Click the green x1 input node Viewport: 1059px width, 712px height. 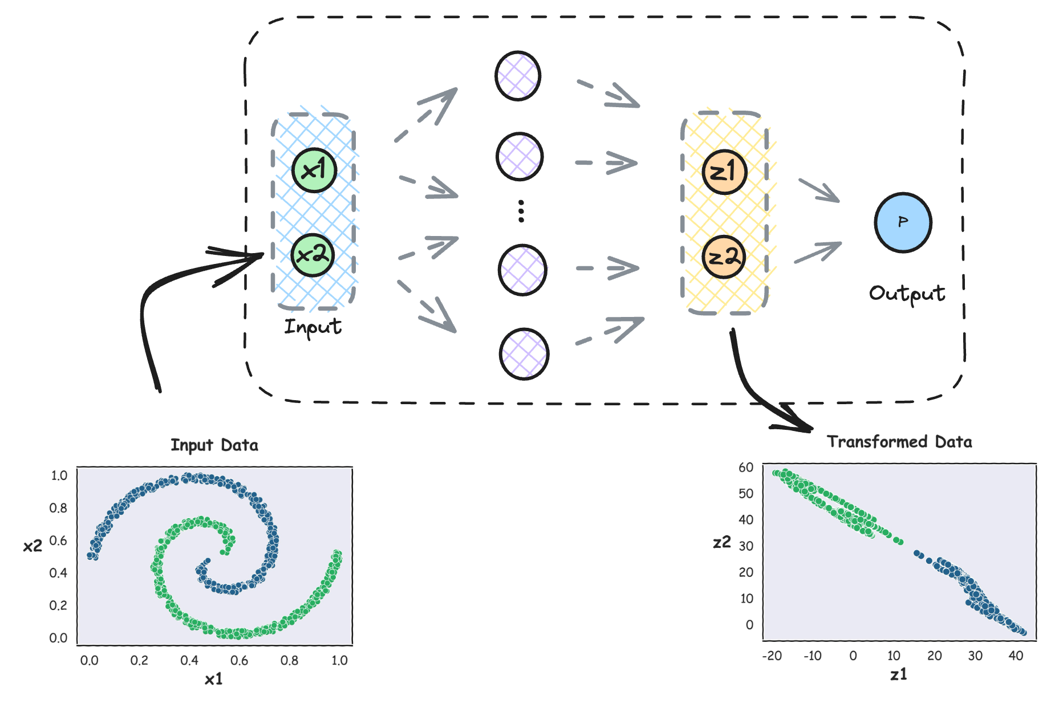[x=314, y=170]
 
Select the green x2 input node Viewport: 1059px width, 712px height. [x=313, y=255]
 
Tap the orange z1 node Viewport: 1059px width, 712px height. [x=724, y=172]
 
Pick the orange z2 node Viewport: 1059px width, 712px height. [x=723, y=257]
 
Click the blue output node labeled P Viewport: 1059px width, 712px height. [x=903, y=222]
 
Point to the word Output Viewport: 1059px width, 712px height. [x=907, y=294]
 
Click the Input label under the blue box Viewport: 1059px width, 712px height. [x=313, y=327]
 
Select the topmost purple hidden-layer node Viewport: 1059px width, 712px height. [x=517, y=76]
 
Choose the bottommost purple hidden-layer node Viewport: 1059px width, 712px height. [x=524, y=354]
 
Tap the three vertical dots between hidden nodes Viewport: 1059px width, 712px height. [x=521, y=211]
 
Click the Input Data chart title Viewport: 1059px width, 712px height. [x=214, y=445]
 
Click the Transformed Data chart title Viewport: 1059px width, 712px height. [x=899, y=442]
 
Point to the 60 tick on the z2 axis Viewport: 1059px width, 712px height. [x=746, y=467]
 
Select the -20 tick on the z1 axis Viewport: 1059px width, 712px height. [x=772, y=656]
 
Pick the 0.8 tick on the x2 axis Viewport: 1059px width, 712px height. [x=58, y=508]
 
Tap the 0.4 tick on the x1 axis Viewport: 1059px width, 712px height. [x=189, y=660]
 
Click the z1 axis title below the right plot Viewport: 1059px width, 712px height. [x=898, y=675]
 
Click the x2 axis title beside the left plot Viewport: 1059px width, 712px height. [x=33, y=546]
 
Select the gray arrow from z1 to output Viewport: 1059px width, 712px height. [x=819, y=190]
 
